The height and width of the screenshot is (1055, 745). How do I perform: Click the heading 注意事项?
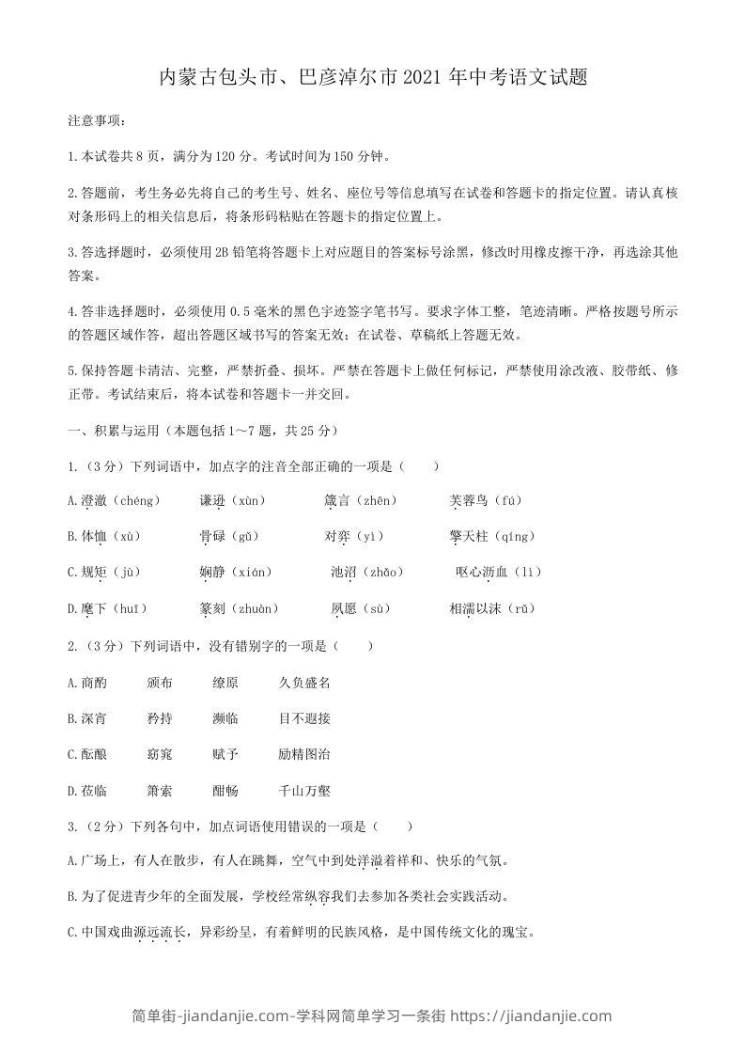(93, 121)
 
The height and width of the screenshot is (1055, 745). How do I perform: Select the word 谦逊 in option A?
(212, 500)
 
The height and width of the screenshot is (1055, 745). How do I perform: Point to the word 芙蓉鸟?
(469, 500)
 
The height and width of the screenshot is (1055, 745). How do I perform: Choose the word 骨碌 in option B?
(212, 536)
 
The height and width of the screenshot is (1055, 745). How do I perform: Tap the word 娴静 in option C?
(212, 572)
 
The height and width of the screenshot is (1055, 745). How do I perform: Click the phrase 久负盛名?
(304, 683)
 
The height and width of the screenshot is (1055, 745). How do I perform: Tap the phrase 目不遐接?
(304, 718)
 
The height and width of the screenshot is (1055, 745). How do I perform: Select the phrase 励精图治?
(304, 754)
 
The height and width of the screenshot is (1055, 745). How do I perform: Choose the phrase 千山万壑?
(304, 791)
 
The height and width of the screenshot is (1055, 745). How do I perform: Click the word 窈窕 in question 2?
(160, 754)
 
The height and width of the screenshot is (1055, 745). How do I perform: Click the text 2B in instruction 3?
(222, 252)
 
